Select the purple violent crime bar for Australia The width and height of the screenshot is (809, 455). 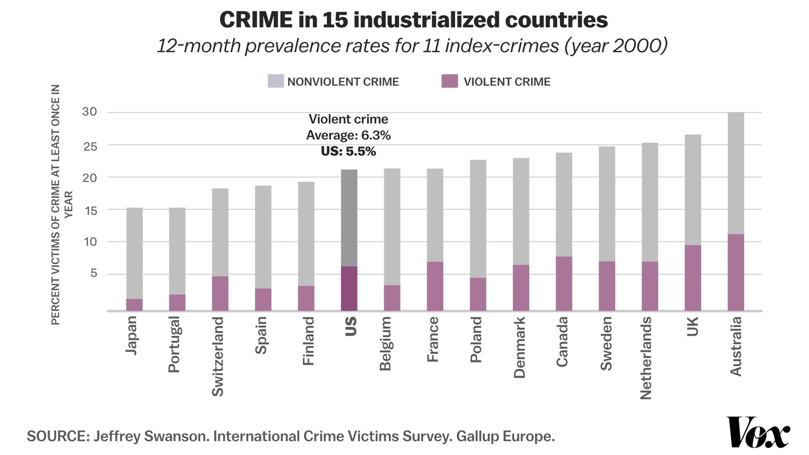pyautogui.click(x=736, y=272)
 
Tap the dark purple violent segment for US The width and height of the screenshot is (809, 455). pyautogui.click(x=349, y=288)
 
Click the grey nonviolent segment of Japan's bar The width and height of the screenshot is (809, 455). pyautogui.click(x=134, y=253)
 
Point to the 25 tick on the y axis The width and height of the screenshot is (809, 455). pyautogui.click(x=89, y=146)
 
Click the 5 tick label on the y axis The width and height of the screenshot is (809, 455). pyautogui.click(x=93, y=274)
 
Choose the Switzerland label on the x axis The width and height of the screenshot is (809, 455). pyautogui.click(x=217, y=356)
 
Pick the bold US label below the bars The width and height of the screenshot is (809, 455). pyautogui.click(x=350, y=327)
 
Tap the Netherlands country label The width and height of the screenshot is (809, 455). pyautogui.click(x=646, y=358)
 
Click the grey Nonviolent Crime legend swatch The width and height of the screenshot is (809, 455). pyautogui.click(x=276, y=81)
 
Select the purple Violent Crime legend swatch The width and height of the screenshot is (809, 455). pyautogui.click(x=450, y=81)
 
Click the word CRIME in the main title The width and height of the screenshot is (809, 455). pyautogui.click(x=256, y=20)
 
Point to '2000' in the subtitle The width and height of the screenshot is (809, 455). pyautogui.click(x=636, y=45)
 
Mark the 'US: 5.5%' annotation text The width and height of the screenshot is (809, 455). pyautogui.click(x=348, y=151)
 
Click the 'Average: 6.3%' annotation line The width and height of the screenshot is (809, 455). pyautogui.click(x=348, y=135)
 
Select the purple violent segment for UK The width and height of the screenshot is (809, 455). pyautogui.click(x=693, y=278)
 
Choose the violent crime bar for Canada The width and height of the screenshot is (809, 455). pyautogui.click(x=564, y=284)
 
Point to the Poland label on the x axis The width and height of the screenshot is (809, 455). pyautogui.click(x=476, y=340)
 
